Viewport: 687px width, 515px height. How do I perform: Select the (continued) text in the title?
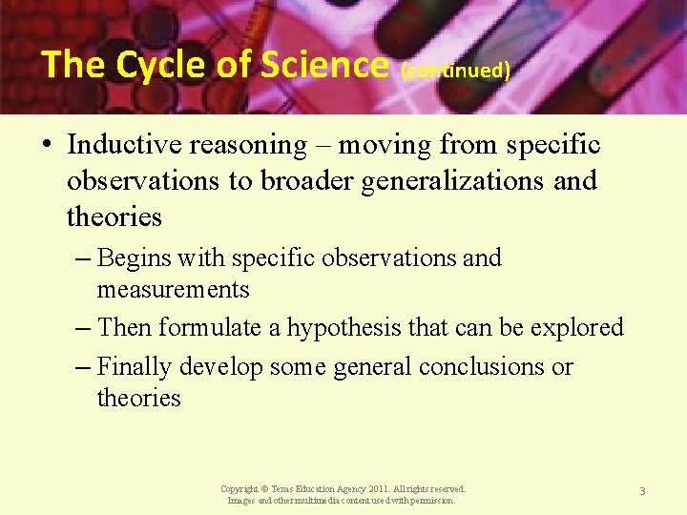[456, 71]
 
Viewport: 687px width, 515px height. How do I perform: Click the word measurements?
[173, 290]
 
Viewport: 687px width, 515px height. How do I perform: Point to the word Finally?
[135, 367]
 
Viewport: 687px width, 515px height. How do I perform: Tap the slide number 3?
[642, 491]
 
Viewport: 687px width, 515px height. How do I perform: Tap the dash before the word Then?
[83, 328]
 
